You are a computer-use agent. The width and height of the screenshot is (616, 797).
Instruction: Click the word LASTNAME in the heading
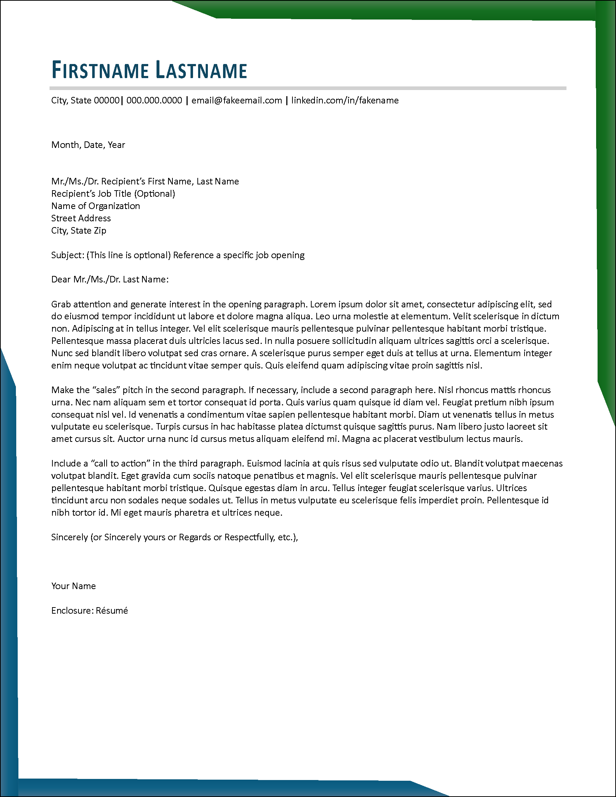[201, 70]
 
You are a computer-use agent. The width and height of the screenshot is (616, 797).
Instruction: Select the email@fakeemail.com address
[236, 101]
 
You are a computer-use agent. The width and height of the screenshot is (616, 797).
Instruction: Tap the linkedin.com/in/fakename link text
[345, 101]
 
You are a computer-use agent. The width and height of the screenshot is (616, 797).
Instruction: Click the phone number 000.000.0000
[154, 101]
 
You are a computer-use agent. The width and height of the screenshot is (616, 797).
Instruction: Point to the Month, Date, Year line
[88, 145]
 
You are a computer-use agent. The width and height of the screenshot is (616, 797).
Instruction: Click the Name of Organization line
[95, 206]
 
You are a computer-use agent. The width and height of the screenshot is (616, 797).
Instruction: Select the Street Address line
[81, 218]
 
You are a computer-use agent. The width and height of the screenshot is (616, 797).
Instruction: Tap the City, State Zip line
[79, 231]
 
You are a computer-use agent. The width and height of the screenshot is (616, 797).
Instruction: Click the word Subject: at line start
[68, 255]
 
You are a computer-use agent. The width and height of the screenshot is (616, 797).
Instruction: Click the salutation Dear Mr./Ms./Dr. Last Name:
[110, 280]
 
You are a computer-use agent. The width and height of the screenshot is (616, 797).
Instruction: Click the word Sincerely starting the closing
[69, 537]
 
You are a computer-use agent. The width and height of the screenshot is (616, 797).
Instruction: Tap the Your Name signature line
[73, 586]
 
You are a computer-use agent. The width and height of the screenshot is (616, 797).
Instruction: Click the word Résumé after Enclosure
[112, 611]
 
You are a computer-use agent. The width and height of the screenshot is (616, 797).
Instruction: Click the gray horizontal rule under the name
[308, 88]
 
